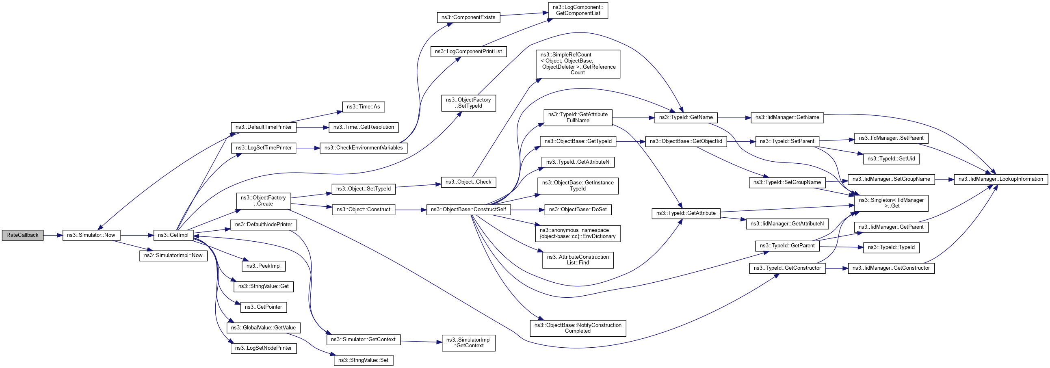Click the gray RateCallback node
[x=22, y=235]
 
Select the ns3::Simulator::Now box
[x=91, y=235]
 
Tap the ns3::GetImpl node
[x=173, y=235]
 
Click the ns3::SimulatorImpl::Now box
[x=173, y=255]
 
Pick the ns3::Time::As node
[x=363, y=107]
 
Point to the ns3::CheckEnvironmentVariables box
[x=363, y=148]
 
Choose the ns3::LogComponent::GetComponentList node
[x=578, y=10]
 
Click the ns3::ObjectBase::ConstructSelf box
[x=468, y=210]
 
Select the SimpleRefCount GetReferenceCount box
[x=578, y=64]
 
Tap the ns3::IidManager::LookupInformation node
[x=1000, y=179]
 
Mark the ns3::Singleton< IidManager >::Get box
[x=891, y=203]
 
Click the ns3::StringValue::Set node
[x=363, y=360]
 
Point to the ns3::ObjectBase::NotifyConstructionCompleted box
[x=578, y=328]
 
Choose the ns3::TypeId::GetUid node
[x=891, y=158]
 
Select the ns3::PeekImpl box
[x=263, y=266]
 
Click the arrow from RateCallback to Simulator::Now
[x=52, y=235]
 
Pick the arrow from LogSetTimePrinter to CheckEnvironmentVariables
[x=308, y=148]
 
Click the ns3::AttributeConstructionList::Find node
[x=578, y=260]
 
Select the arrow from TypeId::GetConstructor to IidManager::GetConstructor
[x=836, y=268]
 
